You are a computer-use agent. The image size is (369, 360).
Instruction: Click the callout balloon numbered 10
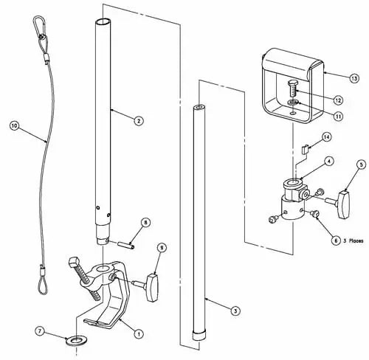[13, 125]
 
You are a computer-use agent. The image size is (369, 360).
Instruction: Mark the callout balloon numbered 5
[361, 165]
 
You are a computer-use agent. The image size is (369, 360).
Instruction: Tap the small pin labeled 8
[126, 240]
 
